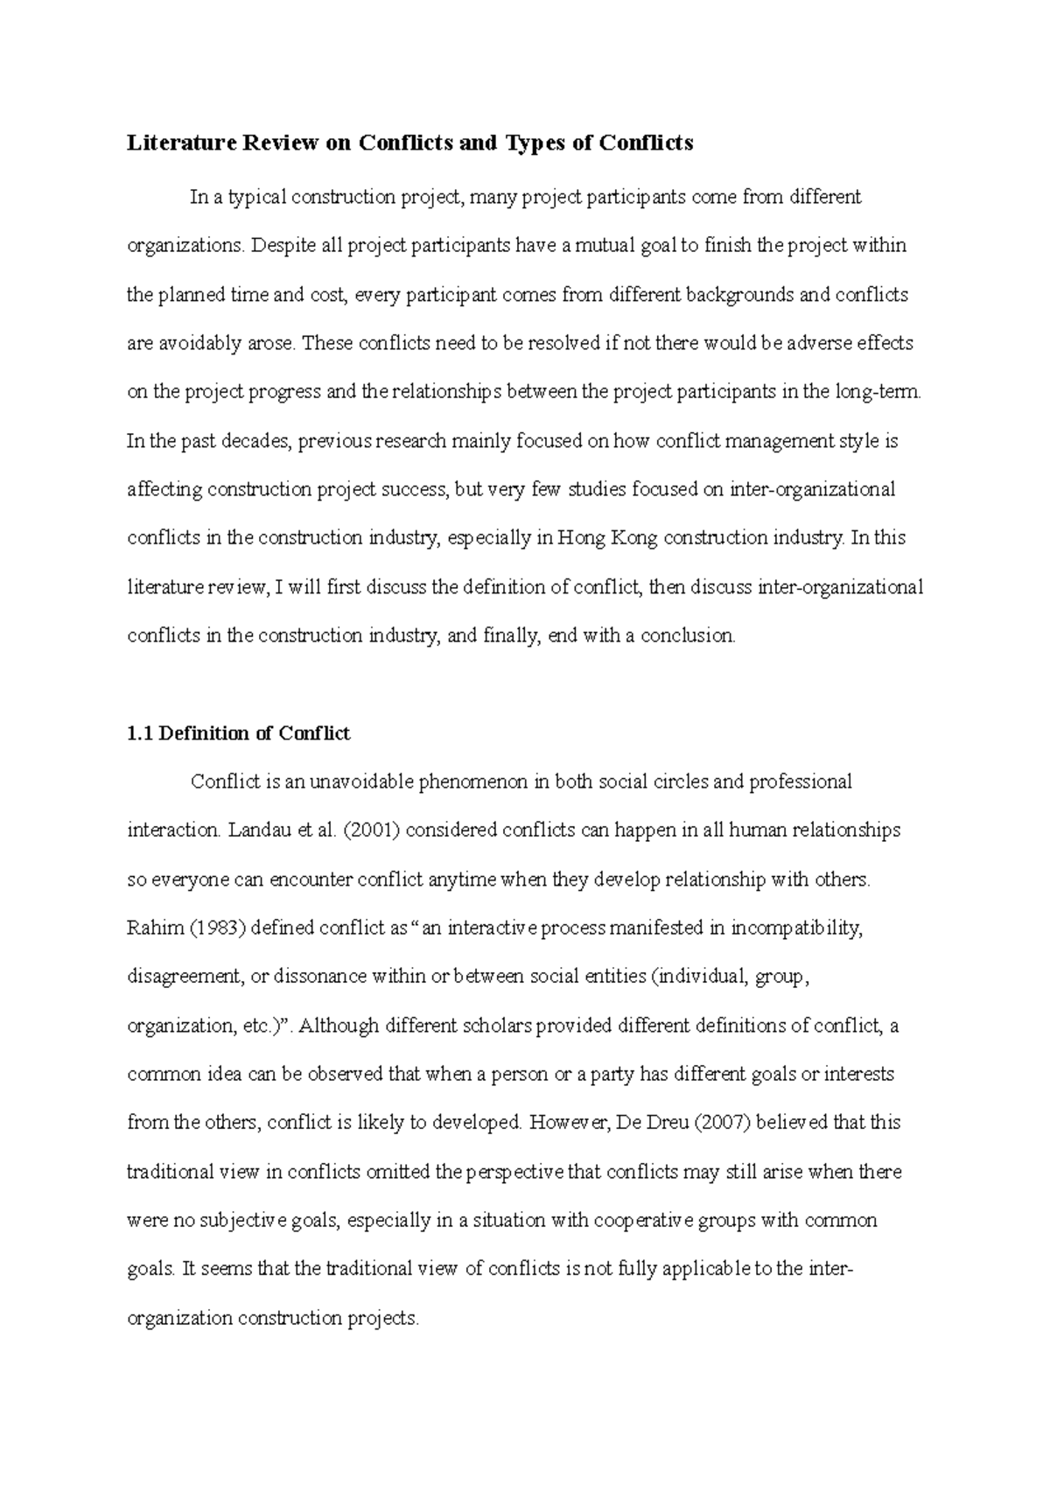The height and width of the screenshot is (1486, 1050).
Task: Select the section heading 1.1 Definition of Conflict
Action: (238, 733)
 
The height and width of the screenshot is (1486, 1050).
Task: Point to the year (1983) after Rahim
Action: (217, 928)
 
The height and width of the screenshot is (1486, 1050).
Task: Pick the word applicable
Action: (705, 1269)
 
